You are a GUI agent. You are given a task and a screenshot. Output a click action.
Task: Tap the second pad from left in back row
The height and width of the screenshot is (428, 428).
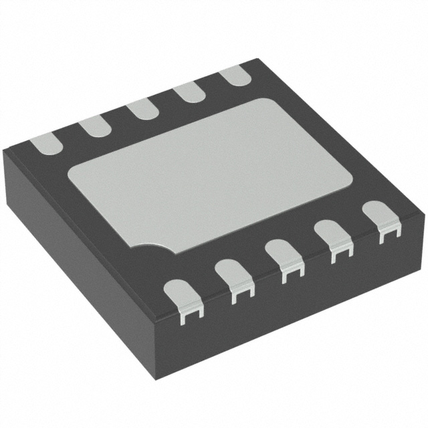click(x=93, y=125)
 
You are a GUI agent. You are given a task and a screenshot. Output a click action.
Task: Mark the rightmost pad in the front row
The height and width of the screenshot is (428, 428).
click(x=380, y=217)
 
